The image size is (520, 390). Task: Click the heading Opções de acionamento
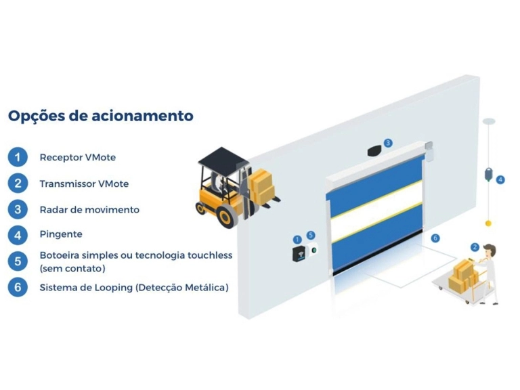tap(100, 116)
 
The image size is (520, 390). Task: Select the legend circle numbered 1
tap(18, 158)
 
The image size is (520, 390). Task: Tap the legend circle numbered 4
tap(18, 234)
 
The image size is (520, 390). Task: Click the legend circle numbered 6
tap(18, 287)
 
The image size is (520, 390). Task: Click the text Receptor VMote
tap(77, 158)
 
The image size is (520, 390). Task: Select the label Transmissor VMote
tap(84, 183)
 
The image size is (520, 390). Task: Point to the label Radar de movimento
tap(89, 209)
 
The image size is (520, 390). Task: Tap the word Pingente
tap(61, 234)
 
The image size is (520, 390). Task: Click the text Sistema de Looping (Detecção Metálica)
tap(134, 288)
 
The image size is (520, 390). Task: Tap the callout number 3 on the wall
tap(388, 143)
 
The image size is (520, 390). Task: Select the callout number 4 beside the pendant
tap(500, 180)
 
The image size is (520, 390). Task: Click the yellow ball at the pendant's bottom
tap(487, 223)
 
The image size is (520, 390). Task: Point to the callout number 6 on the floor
tap(435, 238)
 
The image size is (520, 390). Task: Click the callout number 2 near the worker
tap(475, 247)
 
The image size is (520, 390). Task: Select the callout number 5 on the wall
tap(311, 235)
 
